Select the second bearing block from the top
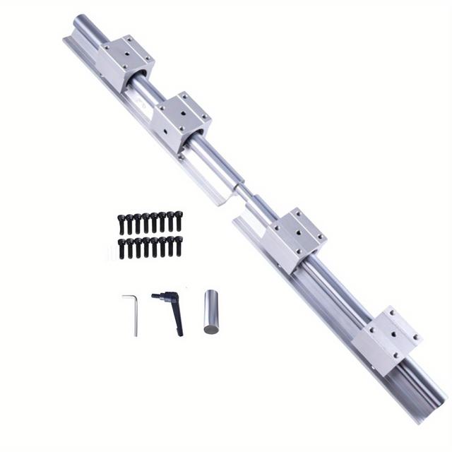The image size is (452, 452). (x=182, y=119)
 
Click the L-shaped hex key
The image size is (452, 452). (x=132, y=314)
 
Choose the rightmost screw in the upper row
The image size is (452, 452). (x=178, y=221)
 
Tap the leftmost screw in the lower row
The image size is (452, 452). (x=121, y=248)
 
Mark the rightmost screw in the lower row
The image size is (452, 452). (x=178, y=246)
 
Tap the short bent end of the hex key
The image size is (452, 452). (x=126, y=297)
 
